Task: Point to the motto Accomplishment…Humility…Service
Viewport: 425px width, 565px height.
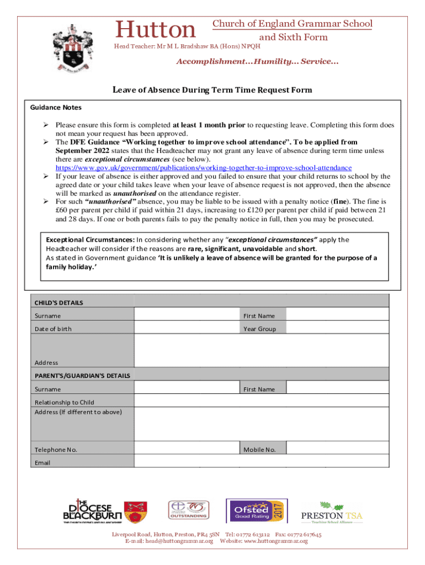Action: click(x=257, y=62)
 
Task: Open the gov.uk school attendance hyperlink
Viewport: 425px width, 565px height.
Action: click(x=203, y=168)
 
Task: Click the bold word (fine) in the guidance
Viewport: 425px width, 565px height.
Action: click(x=338, y=202)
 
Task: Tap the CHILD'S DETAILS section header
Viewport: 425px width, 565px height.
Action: click(x=59, y=302)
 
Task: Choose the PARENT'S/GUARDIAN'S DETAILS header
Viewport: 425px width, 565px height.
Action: click(x=82, y=376)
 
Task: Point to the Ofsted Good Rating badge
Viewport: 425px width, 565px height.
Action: click(x=256, y=510)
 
